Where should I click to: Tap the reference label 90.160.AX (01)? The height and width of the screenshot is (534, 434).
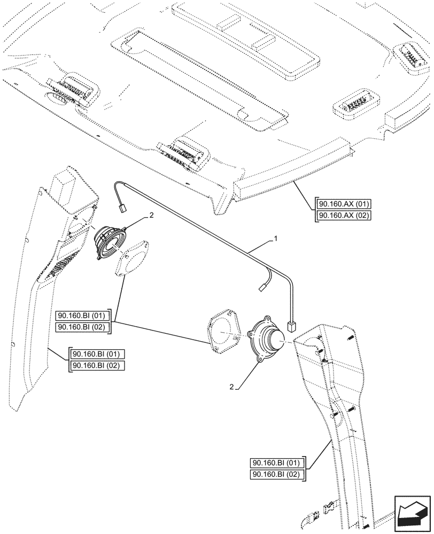pos(344,205)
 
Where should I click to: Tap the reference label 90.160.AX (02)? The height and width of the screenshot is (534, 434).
pos(344,215)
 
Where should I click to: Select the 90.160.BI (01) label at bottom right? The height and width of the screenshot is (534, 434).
pos(277,463)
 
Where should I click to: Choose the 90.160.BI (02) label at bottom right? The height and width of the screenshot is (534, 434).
pos(277,474)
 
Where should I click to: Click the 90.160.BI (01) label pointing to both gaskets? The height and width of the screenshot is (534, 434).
pos(83,315)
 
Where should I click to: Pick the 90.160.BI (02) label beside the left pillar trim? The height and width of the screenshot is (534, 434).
pos(96,365)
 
